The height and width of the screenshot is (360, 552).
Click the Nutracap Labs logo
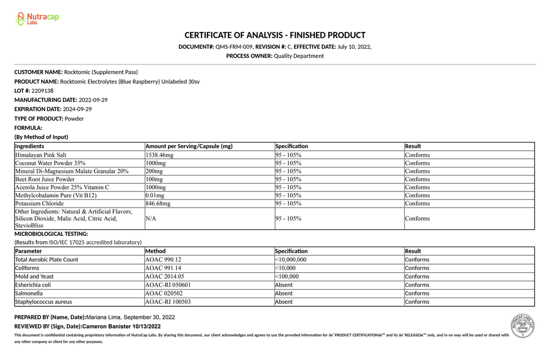coord(37,19)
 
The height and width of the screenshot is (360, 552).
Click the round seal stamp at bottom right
coord(523,326)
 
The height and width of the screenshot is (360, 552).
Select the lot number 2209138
coord(42,91)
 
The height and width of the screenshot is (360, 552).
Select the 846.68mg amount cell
coord(158,203)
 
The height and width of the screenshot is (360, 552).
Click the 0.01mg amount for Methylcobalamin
coord(154,195)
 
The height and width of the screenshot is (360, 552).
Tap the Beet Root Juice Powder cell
coord(45,179)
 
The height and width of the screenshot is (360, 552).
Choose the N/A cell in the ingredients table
coord(151,218)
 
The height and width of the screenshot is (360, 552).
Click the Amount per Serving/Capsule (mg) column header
coord(189,146)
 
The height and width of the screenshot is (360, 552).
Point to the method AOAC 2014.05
coord(165,277)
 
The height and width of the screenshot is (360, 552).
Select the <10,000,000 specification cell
coord(290,260)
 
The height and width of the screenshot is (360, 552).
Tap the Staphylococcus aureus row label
coord(43,302)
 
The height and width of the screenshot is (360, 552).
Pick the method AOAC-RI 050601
coord(168,285)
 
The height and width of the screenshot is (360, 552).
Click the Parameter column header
coord(29,251)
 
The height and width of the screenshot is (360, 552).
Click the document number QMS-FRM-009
coord(234,47)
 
